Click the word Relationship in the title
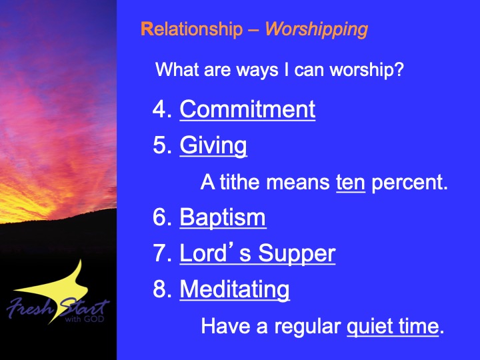pos(191,29)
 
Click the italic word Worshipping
pos(317,30)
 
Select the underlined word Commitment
pos(247,109)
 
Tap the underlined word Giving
pos(213,146)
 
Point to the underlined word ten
pos(351,183)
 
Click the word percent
pos(409,183)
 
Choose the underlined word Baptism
pos(223,218)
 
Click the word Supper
pos(297,254)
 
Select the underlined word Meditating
pos(235,289)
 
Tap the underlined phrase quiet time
pos(393,327)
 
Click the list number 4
pos(162,109)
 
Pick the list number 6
pos(162,217)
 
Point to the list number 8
pos(162,289)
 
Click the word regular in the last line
pos(307,327)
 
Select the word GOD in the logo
pos(94,319)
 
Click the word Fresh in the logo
pos(30,307)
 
